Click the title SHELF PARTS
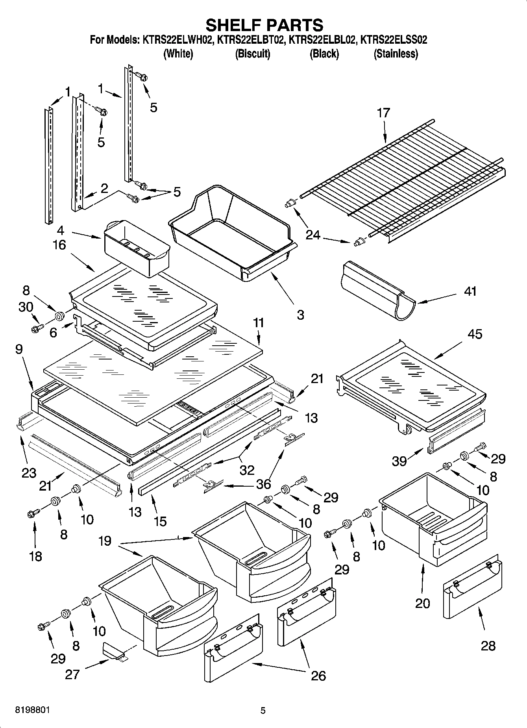click(264, 25)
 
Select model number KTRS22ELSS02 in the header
click(394, 40)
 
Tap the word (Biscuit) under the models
click(253, 54)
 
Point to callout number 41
click(470, 291)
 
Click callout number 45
click(475, 334)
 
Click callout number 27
click(72, 674)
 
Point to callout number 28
click(488, 646)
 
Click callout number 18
click(35, 556)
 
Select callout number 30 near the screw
click(26, 307)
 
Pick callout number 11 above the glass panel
click(259, 323)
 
